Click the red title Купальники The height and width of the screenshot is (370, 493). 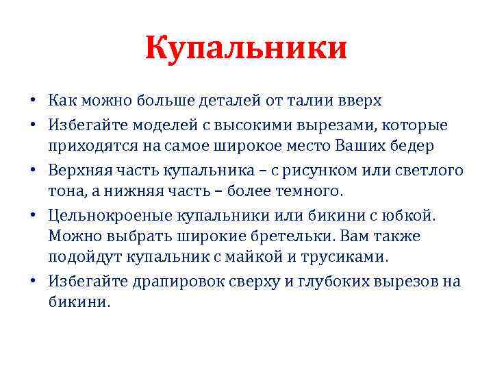pos(246,49)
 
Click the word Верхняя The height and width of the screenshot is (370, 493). pos(77,170)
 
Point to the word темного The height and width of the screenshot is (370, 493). pos(305,190)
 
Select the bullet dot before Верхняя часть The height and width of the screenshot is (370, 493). pos(32,171)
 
